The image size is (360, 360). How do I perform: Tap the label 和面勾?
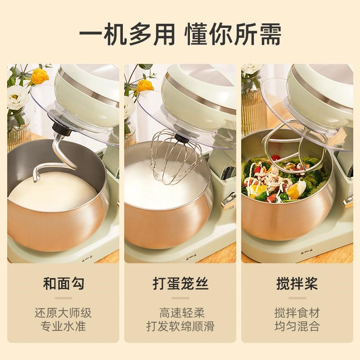pos(63,283)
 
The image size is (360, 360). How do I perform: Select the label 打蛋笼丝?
pos(180,283)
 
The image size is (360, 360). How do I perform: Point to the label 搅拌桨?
pos(297,283)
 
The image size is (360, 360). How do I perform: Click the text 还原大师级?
pos(63,312)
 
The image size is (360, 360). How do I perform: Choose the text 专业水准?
pos(63,326)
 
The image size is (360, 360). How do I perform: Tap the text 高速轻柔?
pos(180,312)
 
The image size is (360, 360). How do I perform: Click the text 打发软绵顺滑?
pos(180,326)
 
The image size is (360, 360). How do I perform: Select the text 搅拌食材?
pos(297,312)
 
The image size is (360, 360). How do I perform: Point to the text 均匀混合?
pos(297,326)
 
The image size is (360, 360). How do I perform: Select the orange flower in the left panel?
pos(40,76)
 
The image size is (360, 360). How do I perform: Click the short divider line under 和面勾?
pos(63,298)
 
